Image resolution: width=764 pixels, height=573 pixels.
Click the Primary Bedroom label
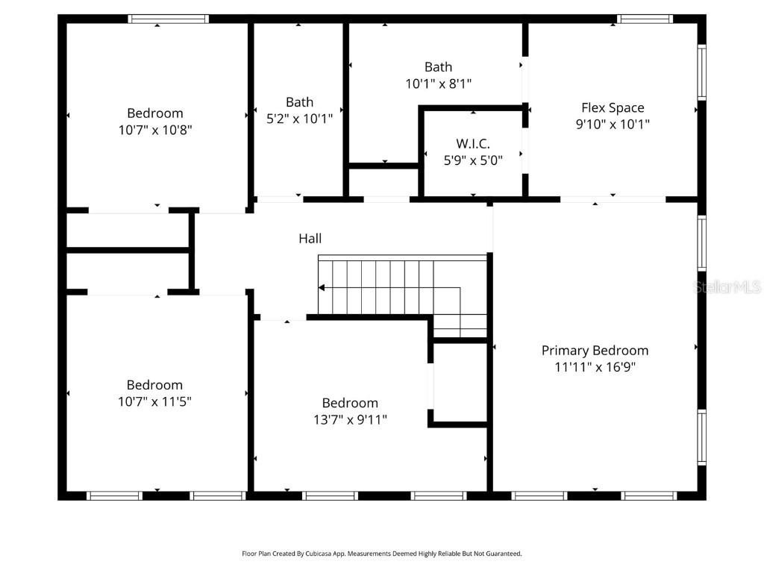tap(595, 350)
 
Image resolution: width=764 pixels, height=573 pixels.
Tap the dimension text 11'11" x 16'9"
tap(595, 366)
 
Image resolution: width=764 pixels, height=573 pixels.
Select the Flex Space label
tap(613, 107)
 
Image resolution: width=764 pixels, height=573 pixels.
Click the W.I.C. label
tap(473, 143)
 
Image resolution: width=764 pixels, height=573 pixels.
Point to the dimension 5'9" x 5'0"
tap(473, 160)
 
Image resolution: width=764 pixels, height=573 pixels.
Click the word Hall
tap(310, 238)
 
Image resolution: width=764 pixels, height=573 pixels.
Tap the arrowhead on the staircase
tap(322, 287)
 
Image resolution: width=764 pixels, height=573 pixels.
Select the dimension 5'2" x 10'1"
tap(299, 118)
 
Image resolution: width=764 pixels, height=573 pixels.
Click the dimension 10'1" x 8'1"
tap(438, 84)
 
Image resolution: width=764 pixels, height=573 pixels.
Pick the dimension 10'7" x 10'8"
tap(154, 130)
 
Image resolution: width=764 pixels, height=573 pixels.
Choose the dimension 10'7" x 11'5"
tap(154, 401)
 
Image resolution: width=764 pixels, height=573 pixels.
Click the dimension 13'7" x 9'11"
tap(350, 419)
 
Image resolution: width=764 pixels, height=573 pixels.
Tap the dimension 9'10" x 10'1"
tap(613, 124)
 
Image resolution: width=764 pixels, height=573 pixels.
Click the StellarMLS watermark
tap(727, 286)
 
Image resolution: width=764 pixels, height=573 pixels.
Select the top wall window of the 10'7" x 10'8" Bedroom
tap(168, 19)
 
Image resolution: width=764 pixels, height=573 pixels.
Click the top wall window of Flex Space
tap(645, 19)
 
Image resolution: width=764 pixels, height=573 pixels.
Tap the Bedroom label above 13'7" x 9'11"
tap(350, 403)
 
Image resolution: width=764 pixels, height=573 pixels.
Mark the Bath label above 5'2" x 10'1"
tap(299, 101)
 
